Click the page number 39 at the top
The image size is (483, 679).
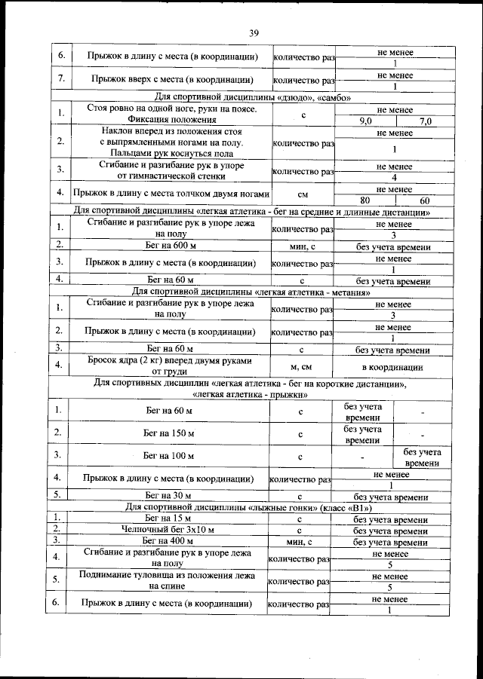click(x=254, y=31)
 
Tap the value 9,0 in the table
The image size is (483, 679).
click(x=366, y=121)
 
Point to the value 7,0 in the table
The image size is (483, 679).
click(x=425, y=121)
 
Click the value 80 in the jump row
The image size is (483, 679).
click(x=365, y=200)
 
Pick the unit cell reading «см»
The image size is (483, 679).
click(x=301, y=194)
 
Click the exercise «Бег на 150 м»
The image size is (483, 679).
click(x=169, y=434)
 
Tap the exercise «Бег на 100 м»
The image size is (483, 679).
click(x=169, y=457)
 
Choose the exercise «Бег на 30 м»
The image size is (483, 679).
click(x=169, y=497)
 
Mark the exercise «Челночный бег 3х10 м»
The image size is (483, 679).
click(x=169, y=531)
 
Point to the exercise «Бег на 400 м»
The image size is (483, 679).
click(x=169, y=542)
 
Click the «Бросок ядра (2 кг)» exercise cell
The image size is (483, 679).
click(x=169, y=366)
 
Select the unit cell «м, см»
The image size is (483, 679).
click(x=301, y=367)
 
